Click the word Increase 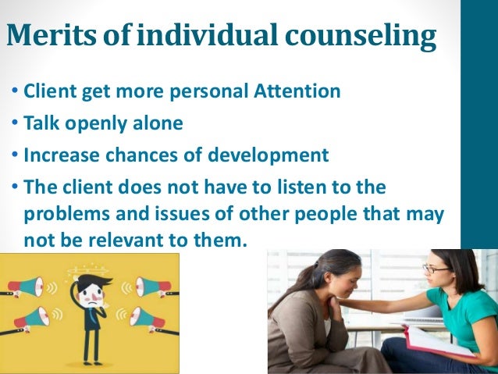pyautogui.click(x=59, y=155)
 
